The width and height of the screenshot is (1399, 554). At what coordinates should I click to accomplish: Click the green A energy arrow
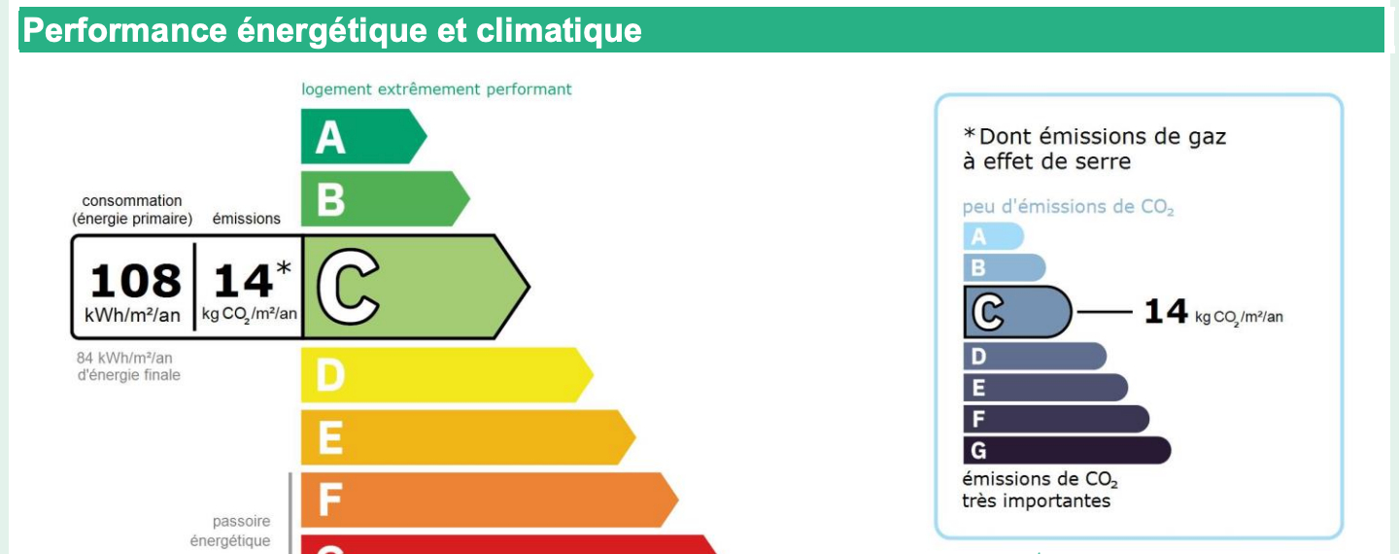coord(363,136)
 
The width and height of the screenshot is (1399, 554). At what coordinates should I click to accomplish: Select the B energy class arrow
coord(385,198)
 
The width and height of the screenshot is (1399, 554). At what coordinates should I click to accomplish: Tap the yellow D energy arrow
coord(447,375)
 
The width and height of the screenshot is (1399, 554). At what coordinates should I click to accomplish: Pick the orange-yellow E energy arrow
coord(468,437)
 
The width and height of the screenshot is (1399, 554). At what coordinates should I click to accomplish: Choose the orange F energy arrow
coord(489,500)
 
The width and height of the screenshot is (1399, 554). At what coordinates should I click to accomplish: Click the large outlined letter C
coord(348,287)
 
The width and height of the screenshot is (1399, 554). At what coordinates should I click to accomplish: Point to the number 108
coord(135,281)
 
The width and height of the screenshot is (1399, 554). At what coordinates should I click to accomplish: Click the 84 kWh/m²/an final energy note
coord(128,366)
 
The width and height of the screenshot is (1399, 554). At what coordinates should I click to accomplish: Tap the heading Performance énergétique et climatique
coord(332,30)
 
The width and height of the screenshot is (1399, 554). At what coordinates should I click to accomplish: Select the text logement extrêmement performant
coord(436,89)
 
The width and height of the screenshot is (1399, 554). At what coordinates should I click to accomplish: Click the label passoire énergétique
coord(230,531)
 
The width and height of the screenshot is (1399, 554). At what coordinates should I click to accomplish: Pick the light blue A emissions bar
coord(993,236)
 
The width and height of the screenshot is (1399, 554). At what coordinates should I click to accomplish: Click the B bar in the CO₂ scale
coord(1005,267)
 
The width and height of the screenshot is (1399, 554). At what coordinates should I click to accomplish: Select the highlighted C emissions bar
coord(1017,312)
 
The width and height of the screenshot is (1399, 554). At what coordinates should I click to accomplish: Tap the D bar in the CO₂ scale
coord(1035,356)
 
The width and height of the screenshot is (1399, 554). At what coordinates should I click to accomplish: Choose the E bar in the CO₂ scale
coord(1045,387)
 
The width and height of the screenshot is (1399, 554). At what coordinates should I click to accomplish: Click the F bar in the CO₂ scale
coord(1056,419)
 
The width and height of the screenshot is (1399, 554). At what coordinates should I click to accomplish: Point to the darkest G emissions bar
coord(1067,450)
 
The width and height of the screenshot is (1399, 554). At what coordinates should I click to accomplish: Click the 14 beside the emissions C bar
coord(1166,311)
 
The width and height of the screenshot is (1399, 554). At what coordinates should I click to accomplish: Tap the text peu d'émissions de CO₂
coord(1068,207)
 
